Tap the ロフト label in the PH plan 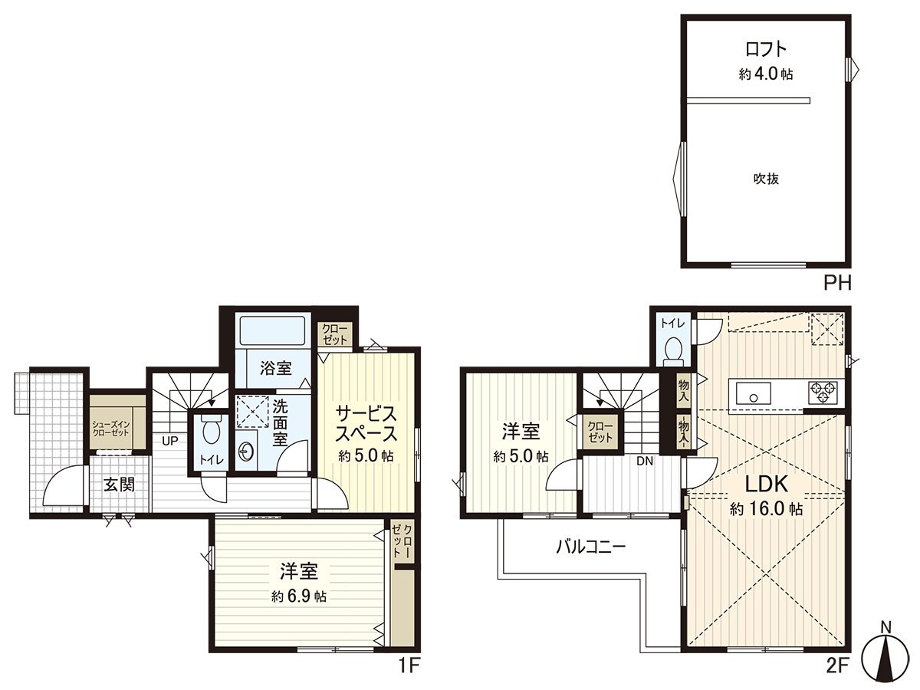pyautogui.click(x=766, y=49)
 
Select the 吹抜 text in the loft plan pyautogui.click(x=765, y=179)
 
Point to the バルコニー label pyautogui.click(x=591, y=547)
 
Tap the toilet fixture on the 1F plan pyautogui.click(x=209, y=433)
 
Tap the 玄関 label pyautogui.click(x=119, y=485)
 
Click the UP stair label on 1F pyautogui.click(x=169, y=441)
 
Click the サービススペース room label pyautogui.click(x=366, y=423)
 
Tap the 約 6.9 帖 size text pyautogui.click(x=299, y=597)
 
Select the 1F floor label pyautogui.click(x=409, y=665)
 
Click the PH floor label pyautogui.click(x=838, y=284)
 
